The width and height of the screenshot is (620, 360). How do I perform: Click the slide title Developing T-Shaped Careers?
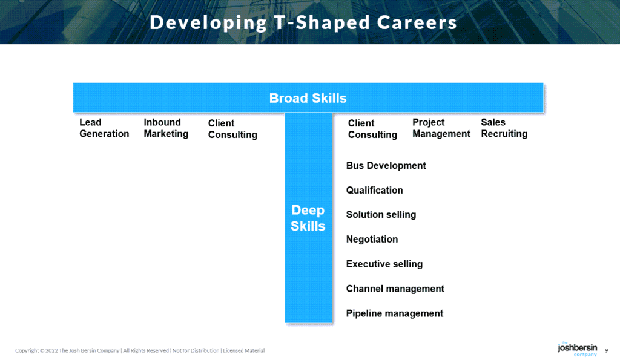[x=303, y=22]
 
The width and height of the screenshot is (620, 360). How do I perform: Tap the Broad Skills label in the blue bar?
[x=308, y=98]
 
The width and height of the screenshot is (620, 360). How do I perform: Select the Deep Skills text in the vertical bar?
[x=308, y=218]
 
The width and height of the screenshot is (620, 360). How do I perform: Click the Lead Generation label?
[x=104, y=128]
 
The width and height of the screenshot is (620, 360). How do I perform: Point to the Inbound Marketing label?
[x=166, y=128]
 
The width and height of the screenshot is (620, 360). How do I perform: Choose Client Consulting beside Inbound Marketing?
[x=232, y=129]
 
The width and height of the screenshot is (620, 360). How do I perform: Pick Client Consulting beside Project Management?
[x=372, y=129]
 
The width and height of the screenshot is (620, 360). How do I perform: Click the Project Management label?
[x=441, y=128]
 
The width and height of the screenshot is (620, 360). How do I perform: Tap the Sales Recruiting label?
[x=504, y=128]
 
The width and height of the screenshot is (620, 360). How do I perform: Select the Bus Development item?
[x=386, y=166]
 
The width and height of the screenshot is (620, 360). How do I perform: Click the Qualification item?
[x=374, y=191]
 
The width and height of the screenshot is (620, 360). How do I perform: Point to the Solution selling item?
[x=381, y=215]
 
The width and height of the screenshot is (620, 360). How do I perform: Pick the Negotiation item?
[x=372, y=240]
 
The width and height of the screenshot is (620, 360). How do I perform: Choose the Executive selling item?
[x=384, y=264]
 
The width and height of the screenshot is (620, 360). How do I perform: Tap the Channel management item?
[x=395, y=289]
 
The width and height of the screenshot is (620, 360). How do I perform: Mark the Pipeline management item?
[x=394, y=314]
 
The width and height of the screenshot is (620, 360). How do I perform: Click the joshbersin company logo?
[x=577, y=349]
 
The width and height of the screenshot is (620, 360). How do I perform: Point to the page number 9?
[x=607, y=350]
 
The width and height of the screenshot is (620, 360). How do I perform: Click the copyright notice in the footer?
[x=140, y=351]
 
